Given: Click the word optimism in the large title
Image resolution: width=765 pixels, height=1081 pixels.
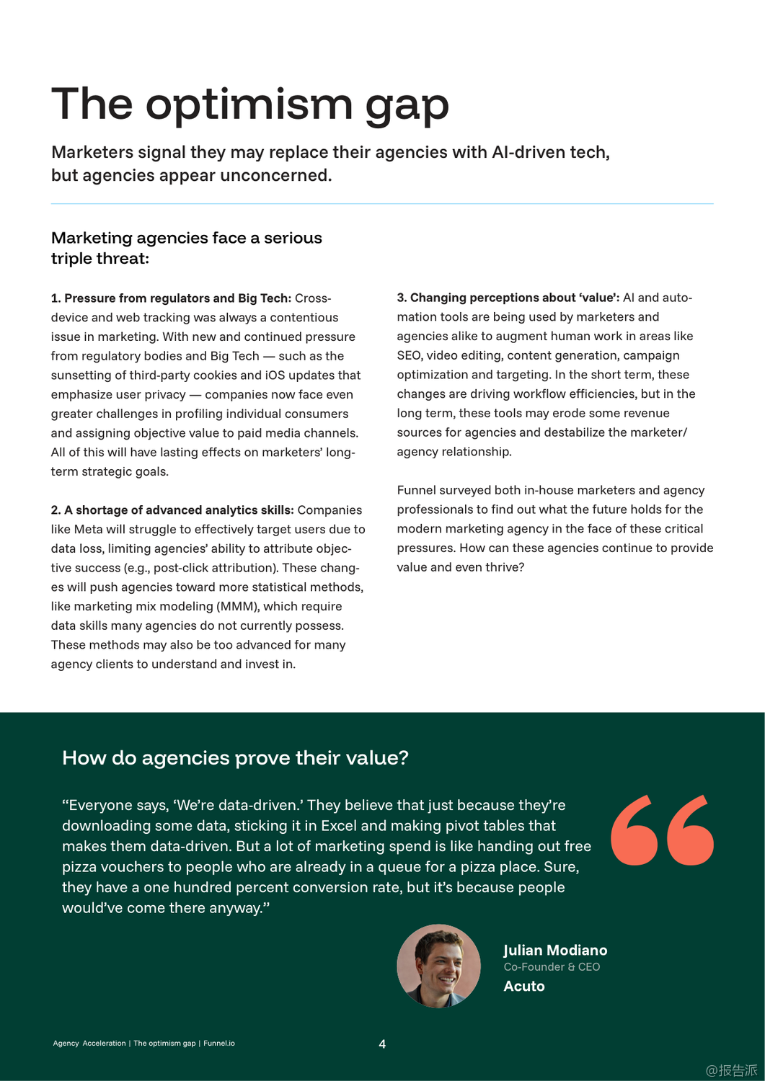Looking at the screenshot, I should point(249,104).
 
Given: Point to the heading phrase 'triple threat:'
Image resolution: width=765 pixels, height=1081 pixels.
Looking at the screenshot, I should point(100,259).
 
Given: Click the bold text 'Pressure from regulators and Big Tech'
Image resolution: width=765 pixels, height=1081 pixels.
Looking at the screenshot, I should point(177,298).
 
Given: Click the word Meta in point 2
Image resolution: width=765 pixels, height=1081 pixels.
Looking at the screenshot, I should point(88,530).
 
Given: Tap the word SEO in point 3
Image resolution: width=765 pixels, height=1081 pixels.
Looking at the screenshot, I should point(409,355).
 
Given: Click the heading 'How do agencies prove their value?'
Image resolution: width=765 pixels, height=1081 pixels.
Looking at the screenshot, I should point(235,758).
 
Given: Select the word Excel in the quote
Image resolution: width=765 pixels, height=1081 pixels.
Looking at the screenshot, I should point(339,826).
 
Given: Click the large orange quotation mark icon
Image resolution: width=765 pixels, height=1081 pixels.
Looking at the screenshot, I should point(662,829).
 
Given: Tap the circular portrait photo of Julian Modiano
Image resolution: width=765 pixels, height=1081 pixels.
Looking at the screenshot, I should point(438,966).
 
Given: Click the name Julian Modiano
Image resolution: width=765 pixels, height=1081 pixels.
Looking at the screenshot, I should point(555,951).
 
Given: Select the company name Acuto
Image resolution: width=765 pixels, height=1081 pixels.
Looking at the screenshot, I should point(524,987).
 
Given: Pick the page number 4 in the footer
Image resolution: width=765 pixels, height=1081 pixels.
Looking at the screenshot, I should point(382,1044).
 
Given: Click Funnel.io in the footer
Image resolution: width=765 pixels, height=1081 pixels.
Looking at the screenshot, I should point(219,1044).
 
